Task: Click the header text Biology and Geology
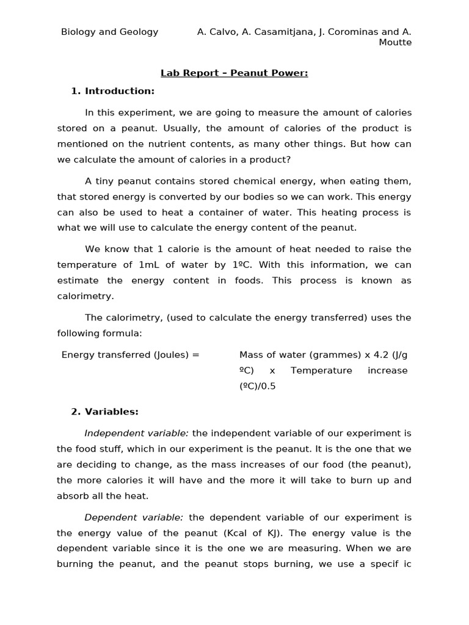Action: pyautogui.click(x=109, y=32)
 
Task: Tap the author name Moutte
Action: pyautogui.click(x=396, y=42)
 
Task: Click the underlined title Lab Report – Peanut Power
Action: pyautogui.click(x=234, y=73)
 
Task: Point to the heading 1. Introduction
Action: pyautogui.click(x=113, y=91)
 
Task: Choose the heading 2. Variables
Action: pyautogui.click(x=104, y=411)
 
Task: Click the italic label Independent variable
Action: pyautogui.click(x=137, y=433)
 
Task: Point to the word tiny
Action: pyautogui.click(x=107, y=181)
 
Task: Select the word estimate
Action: pyautogui.click(x=79, y=281)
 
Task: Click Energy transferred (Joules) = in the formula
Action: pyautogui.click(x=130, y=355)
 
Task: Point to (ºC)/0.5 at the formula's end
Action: pyautogui.click(x=257, y=386)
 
